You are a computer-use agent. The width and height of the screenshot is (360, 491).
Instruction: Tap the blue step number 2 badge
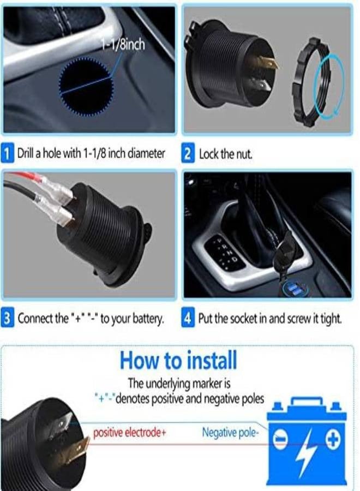[x=188, y=154]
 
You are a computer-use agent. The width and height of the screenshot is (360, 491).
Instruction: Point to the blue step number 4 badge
[x=188, y=319]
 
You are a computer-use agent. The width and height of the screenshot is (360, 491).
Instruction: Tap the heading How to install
[x=178, y=361]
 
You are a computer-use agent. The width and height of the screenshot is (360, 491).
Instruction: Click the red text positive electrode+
[x=129, y=433]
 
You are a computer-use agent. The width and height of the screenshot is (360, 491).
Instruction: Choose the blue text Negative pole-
[x=231, y=433]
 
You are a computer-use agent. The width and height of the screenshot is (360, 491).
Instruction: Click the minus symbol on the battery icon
[x=280, y=440]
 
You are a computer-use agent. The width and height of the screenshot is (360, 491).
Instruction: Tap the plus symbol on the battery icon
[x=333, y=439]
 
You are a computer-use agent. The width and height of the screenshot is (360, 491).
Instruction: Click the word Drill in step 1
[x=28, y=154]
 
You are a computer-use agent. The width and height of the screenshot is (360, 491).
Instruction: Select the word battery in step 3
[x=147, y=319]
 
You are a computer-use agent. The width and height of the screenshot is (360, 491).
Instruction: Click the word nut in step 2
[x=245, y=154]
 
